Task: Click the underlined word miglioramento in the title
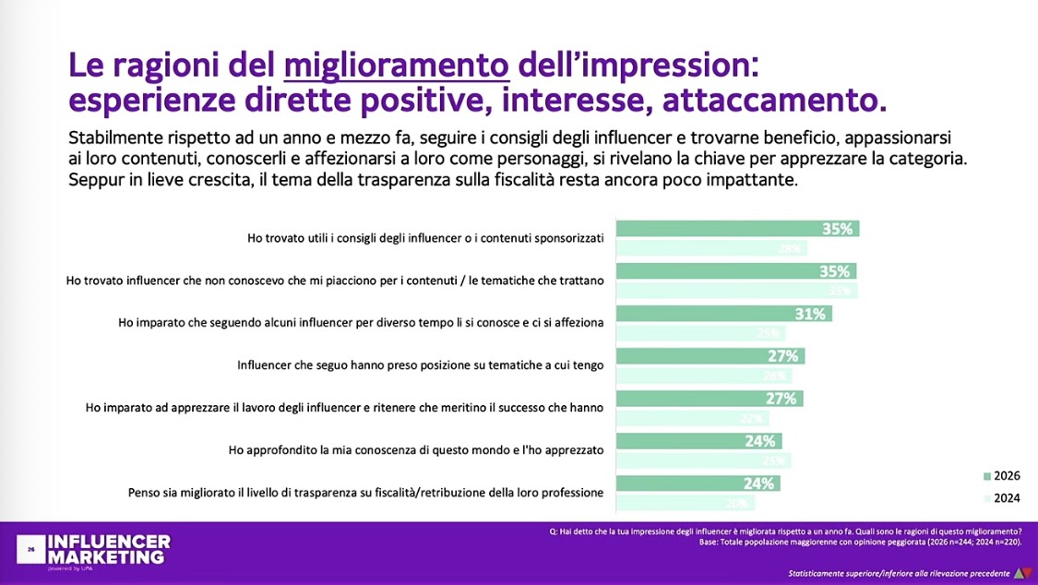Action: tap(397, 66)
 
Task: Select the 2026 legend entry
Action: tap(1000, 476)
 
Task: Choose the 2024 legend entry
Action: tap(1000, 497)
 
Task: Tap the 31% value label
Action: tap(810, 314)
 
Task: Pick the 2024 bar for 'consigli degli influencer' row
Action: tap(711, 248)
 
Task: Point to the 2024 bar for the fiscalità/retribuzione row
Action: tap(686, 503)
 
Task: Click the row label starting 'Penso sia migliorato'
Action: tap(365, 493)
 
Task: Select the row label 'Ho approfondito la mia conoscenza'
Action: tap(416, 450)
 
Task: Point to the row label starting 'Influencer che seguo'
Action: tap(420, 365)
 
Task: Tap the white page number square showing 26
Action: tap(30, 549)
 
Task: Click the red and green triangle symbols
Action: tap(1020, 573)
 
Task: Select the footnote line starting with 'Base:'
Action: tap(861, 543)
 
